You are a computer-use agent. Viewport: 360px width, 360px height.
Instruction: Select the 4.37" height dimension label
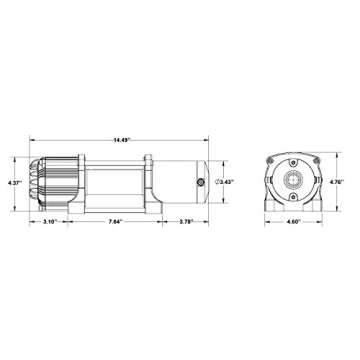coord(13,183)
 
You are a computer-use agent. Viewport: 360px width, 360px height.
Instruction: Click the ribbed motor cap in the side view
coord(47,184)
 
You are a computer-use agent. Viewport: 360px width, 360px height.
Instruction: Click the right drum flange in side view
coord(149,184)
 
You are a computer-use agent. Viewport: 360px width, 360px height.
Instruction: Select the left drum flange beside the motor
coord(76,184)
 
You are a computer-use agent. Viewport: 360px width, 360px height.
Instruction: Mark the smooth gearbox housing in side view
coord(180,184)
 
